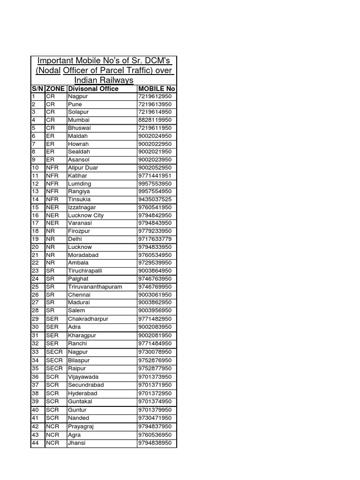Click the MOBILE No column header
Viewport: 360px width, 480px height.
tap(157, 89)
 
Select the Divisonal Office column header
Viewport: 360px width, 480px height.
tap(93, 89)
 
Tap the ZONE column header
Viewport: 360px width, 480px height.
tap(55, 89)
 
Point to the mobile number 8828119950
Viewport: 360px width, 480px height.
tap(155, 120)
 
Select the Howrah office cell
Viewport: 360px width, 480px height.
tap(78, 144)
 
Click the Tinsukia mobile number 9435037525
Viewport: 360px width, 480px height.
tap(155, 199)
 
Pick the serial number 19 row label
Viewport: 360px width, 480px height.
tap(35, 239)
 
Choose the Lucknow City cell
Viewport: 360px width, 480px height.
tap(86, 215)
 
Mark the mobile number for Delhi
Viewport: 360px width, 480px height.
tap(155, 239)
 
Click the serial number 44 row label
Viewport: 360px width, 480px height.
tap(35, 443)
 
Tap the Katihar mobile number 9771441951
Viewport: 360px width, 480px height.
tap(155, 175)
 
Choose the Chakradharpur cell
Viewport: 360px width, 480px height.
tap(88, 319)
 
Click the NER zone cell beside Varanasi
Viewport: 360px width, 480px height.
tap(52, 223)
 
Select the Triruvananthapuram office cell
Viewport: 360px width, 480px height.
tap(95, 287)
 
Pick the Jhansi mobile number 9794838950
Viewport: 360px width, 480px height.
tap(155, 443)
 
